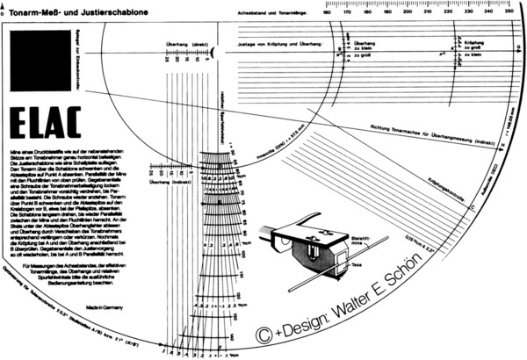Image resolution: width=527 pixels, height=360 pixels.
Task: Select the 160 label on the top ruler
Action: (x=326, y=11)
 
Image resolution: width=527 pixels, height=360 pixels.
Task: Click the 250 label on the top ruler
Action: (x=510, y=11)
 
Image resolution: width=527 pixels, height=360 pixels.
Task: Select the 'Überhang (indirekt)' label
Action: (x=170, y=181)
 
